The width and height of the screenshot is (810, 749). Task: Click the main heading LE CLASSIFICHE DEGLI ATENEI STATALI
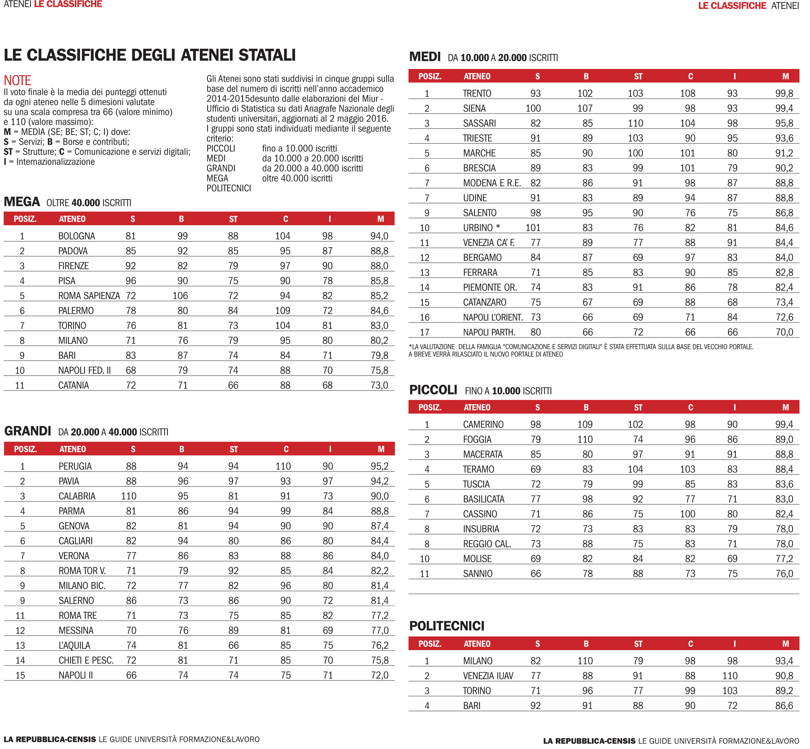click(x=149, y=55)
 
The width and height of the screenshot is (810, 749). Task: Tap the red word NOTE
click(x=17, y=80)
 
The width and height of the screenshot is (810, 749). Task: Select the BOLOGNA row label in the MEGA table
click(x=77, y=236)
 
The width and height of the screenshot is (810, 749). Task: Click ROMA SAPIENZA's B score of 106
click(x=180, y=296)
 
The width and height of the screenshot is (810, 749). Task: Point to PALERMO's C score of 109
click(x=283, y=311)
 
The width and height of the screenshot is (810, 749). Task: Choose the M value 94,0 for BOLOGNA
click(x=379, y=236)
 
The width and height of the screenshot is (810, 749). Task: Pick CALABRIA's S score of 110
click(x=129, y=496)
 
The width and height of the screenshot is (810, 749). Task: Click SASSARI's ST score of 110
click(x=635, y=123)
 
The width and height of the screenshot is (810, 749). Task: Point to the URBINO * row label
click(x=481, y=228)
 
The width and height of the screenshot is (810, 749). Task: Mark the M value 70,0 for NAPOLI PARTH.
click(x=784, y=332)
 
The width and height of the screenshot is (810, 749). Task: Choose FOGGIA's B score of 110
click(x=585, y=440)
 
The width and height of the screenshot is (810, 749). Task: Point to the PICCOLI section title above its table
click(x=433, y=390)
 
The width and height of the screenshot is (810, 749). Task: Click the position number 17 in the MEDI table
click(x=425, y=332)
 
